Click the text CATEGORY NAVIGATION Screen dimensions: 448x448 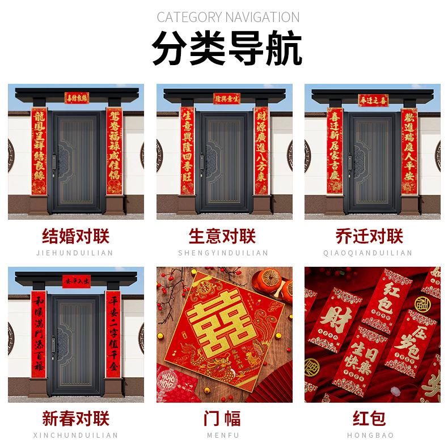tap(228, 17)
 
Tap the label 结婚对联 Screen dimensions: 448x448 tap(76, 236)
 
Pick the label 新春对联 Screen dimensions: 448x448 tap(76, 419)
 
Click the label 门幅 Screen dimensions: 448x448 tap(222, 419)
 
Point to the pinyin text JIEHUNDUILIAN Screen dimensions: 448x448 tap(76, 253)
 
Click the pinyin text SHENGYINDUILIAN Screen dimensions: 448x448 tap(223, 253)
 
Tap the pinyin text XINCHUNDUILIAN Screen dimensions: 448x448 tap(76, 435)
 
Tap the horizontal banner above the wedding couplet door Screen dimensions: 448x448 tap(77, 98)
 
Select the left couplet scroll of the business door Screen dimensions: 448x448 tap(187, 151)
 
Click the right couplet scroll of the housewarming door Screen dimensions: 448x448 tap(409, 151)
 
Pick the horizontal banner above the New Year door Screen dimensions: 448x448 tap(76, 280)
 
